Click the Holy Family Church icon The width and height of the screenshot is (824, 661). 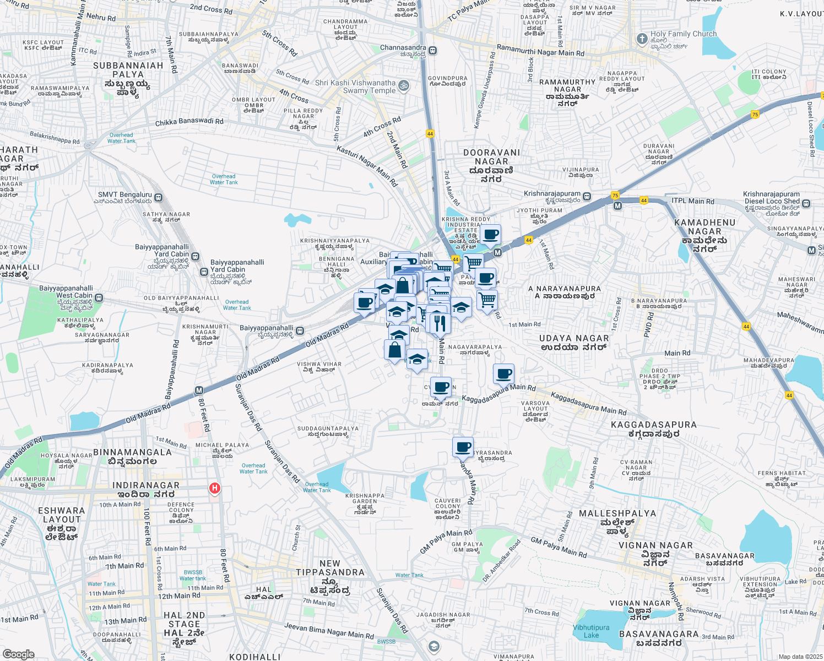642,39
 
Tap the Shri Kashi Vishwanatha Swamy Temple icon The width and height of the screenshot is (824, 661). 404,85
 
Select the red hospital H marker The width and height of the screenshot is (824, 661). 215,488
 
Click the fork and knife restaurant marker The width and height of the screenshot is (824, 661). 439,323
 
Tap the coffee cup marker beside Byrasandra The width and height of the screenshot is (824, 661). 463,447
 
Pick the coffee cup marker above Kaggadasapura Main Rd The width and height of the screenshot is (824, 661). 503,374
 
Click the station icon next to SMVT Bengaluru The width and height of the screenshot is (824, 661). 159,197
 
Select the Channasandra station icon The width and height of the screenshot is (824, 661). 433,50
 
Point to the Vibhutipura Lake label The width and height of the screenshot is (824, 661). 591,631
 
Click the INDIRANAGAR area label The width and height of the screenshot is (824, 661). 146,485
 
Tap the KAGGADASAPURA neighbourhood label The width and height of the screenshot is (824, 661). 654,425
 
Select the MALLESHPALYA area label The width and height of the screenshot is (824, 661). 617,513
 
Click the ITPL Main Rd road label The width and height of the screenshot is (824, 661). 693,201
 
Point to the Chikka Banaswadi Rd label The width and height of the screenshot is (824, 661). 189,122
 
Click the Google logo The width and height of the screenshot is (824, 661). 18,654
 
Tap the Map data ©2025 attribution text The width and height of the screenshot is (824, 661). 800,657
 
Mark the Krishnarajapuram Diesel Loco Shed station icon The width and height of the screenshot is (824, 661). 806,203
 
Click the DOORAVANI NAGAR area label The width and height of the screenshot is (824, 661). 491,157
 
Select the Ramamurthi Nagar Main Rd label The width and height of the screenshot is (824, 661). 540,51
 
